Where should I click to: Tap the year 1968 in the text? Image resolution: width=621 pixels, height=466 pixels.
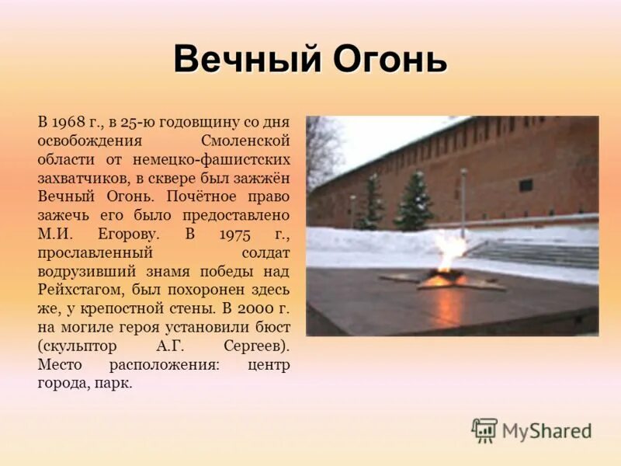68,123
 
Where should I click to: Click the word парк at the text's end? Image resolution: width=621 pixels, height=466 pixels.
116,383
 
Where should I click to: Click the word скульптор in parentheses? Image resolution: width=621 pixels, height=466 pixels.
74,345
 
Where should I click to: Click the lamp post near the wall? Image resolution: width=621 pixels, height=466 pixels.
463,202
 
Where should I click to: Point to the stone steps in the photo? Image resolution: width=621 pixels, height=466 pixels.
536,252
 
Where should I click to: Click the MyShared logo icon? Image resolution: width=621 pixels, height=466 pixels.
484,430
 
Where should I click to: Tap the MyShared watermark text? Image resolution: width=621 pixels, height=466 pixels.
546,431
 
